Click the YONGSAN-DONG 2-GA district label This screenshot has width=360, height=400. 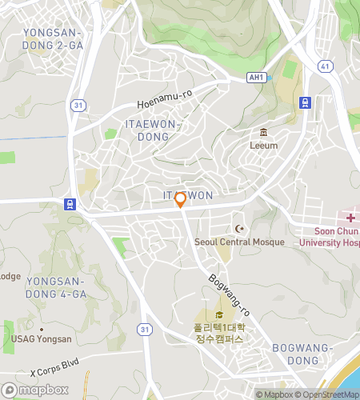click(x=54, y=39)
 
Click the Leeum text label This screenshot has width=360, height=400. click(x=263, y=146)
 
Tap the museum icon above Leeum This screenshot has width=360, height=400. click(x=263, y=133)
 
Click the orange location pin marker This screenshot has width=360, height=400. click(x=181, y=199)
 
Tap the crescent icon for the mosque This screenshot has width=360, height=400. click(x=237, y=230)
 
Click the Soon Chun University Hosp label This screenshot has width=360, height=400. click(x=330, y=236)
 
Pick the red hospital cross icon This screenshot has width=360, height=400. click(x=350, y=218)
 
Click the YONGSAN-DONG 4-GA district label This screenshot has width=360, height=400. click(x=56, y=287)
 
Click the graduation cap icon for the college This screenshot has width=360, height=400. click(x=219, y=314)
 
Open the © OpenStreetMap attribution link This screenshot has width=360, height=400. click(x=327, y=394)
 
